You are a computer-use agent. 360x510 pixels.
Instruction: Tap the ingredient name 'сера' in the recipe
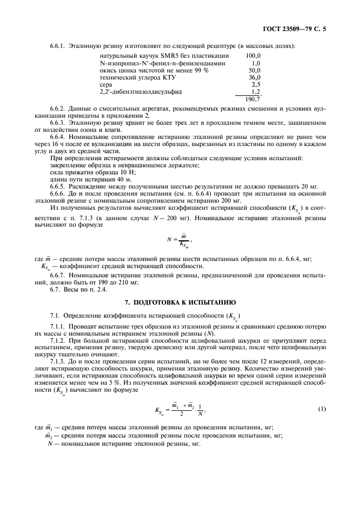tap(106, 86)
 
